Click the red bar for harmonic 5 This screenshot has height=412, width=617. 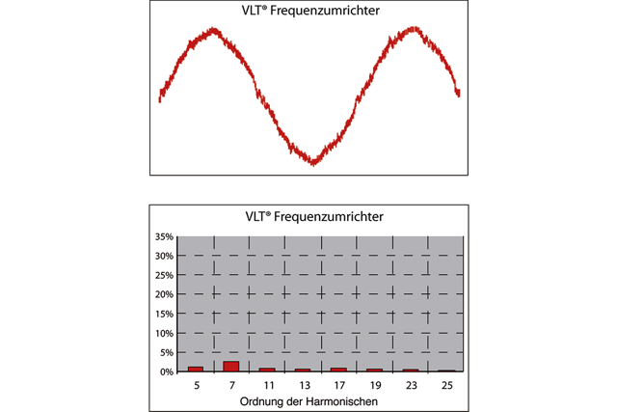196,369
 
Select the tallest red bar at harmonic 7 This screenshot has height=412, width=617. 231,367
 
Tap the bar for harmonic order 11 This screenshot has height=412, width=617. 267,370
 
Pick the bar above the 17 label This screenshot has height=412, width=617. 338,370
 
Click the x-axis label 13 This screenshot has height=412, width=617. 303,384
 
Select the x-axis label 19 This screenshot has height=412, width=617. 374,384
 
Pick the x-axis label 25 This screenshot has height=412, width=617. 445,384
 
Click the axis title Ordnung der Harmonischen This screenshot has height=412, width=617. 308,400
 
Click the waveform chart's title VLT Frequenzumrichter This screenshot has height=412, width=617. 308,13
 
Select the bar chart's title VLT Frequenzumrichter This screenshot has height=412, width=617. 308,216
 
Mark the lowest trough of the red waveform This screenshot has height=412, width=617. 313,163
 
